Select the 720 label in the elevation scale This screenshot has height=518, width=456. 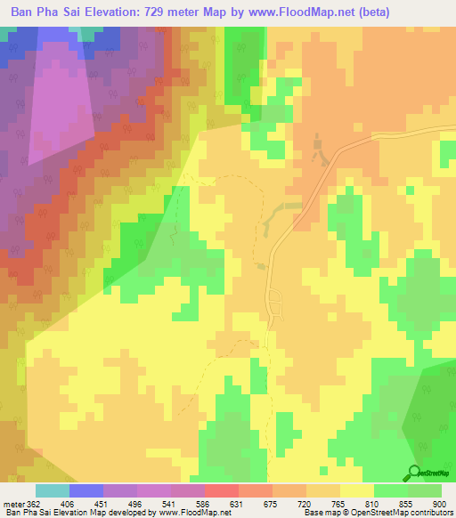tap(314, 504)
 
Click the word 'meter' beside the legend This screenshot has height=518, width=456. tap(13, 504)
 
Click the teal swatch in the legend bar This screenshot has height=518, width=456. tap(53, 490)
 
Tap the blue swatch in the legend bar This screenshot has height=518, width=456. tap(86, 490)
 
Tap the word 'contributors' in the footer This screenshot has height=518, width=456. tap(431, 514)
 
